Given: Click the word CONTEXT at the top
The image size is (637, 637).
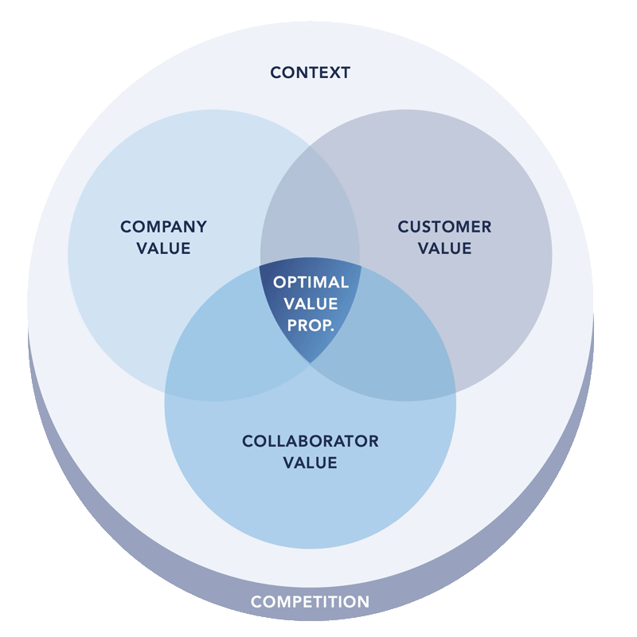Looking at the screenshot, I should [x=310, y=72].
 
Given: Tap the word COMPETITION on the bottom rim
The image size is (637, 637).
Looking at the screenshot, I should [x=310, y=602].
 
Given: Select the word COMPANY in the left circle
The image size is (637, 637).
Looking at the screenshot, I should [x=163, y=227].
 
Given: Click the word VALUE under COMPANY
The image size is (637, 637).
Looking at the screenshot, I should [x=163, y=248].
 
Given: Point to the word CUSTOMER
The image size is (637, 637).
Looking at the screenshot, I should [x=444, y=227].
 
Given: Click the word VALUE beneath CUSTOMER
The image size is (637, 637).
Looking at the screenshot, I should [x=444, y=248].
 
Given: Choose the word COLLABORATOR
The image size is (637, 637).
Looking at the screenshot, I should [x=310, y=441].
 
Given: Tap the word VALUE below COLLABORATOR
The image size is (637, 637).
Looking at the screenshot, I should [x=310, y=463].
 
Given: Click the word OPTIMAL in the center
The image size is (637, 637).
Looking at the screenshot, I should [x=311, y=283].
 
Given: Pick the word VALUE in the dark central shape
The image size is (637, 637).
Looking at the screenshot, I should [x=311, y=303].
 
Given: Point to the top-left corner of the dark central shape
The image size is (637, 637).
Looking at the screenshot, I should [x=261, y=268].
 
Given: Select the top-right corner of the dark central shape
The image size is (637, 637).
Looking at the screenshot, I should [x=361, y=267].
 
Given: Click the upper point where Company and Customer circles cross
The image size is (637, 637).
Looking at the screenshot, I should [x=310, y=143].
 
